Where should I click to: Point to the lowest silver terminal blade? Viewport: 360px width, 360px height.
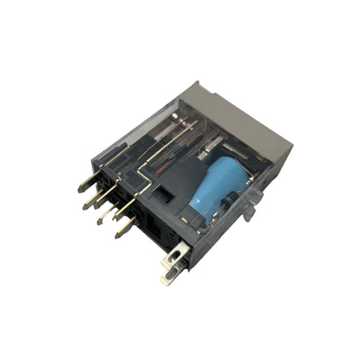169,278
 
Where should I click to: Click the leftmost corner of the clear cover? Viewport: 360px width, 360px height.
101,154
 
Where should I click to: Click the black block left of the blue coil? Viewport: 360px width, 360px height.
179,181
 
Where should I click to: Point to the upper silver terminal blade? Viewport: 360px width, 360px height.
175,254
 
